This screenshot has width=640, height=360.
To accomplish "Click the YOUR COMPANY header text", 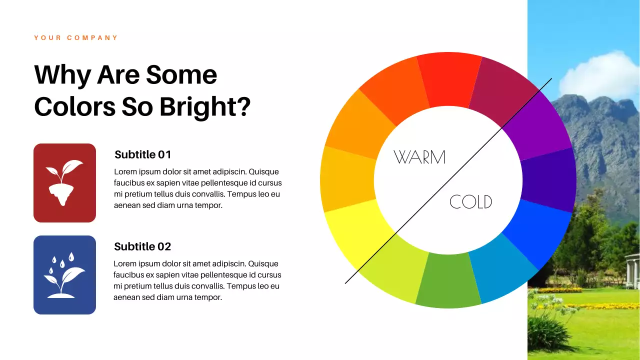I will (x=76, y=38).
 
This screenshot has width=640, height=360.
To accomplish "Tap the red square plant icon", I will (x=64, y=183).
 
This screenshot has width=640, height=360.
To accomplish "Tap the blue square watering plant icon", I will (x=64, y=275).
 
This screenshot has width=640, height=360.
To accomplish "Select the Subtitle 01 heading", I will (x=142, y=154).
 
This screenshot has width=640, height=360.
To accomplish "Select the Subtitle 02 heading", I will (x=142, y=246).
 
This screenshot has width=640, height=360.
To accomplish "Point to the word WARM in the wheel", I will (x=419, y=157).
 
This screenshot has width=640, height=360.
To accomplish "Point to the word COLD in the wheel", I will (x=470, y=202).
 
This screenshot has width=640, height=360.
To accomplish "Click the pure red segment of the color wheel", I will (x=448, y=79).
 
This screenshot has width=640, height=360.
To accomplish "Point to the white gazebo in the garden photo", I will (x=632, y=270).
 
